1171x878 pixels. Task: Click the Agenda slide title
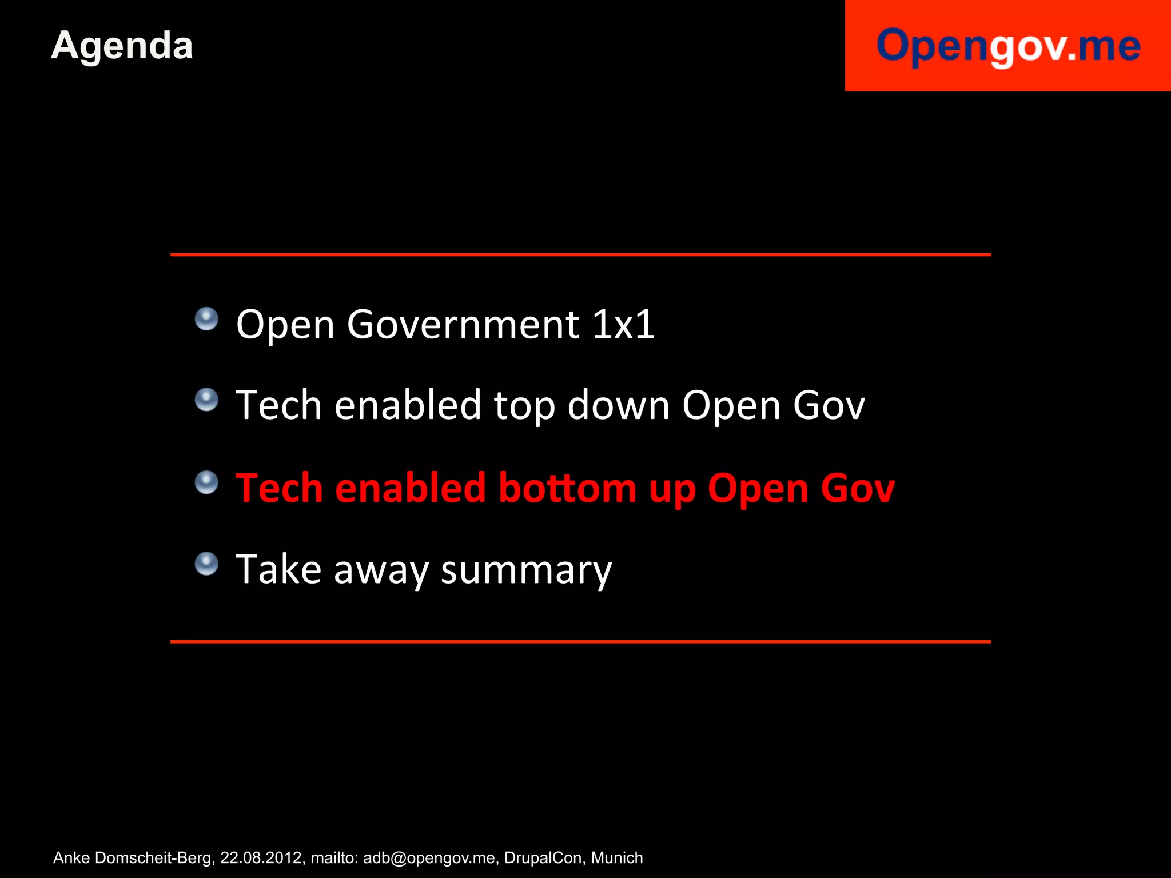point(122,46)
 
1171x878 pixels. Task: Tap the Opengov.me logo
point(1008,46)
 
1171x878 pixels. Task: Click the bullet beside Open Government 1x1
point(206,319)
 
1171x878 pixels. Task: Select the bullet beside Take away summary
point(206,564)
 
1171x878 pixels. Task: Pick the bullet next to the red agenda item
point(206,482)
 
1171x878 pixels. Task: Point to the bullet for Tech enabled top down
point(206,400)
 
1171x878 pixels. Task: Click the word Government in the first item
point(463,325)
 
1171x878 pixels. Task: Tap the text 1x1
point(623,325)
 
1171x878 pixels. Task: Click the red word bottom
point(567,489)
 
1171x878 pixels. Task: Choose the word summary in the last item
point(526,570)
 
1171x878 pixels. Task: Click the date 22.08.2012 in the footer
point(261,858)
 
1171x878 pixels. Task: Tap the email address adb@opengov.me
point(429,858)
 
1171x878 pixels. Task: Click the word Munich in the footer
point(617,858)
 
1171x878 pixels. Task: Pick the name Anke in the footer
point(71,858)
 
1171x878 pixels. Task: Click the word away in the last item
point(381,570)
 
